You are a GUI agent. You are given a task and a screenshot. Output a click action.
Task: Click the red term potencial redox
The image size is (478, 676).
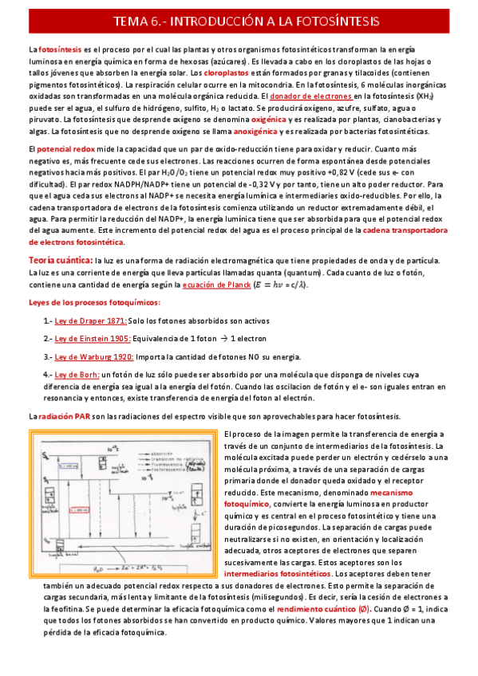click(x=65, y=149)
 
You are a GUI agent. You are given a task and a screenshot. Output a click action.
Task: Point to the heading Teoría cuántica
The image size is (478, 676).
click(x=60, y=261)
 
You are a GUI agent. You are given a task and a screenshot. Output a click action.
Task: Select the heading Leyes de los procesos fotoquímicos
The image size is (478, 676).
click(x=93, y=303)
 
